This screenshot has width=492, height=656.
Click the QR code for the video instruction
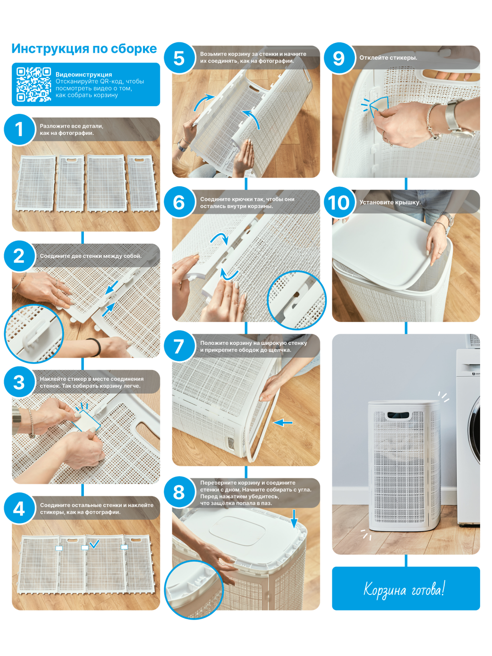[x=33, y=84]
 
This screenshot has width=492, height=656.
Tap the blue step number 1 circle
[x=19, y=129]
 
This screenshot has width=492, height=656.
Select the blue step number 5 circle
[x=179, y=58]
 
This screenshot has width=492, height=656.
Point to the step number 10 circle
[x=339, y=202]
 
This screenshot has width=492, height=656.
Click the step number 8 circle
[x=179, y=492]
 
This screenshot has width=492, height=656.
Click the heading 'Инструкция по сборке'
[x=84, y=49]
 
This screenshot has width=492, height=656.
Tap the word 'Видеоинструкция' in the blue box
[x=84, y=74]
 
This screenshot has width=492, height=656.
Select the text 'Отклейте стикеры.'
[x=388, y=58]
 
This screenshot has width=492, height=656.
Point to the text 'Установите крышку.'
[x=389, y=202]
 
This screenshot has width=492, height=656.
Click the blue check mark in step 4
[x=94, y=543]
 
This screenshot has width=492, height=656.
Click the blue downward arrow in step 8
[x=294, y=519]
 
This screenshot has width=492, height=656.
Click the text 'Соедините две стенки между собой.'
[x=91, y=256]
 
